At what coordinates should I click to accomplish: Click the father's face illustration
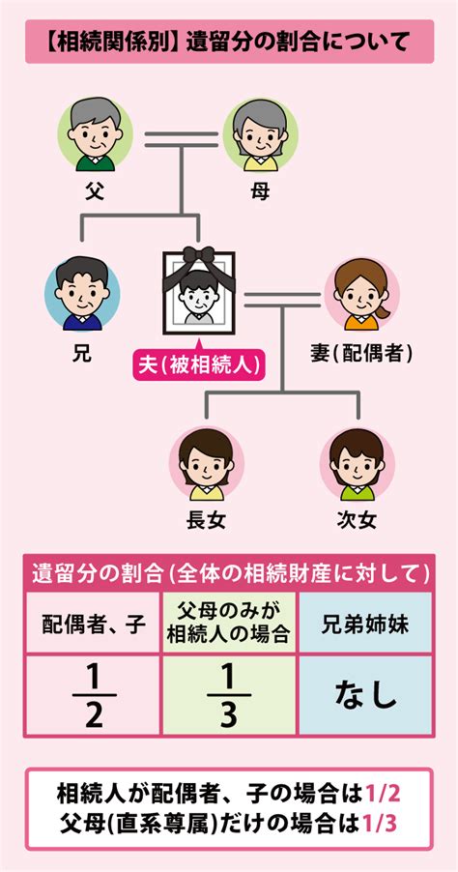point(95,134)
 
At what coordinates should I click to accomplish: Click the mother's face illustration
point(260,134)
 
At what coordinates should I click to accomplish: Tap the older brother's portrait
point(82,294)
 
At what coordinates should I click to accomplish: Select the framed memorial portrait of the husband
point(198,291)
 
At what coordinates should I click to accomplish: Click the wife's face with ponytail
point(361,294)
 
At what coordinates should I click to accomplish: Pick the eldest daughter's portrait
point(206,463)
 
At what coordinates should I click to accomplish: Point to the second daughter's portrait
point(357,463)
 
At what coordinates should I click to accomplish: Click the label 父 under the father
point(95,191)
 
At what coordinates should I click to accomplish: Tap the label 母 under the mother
point(260,191)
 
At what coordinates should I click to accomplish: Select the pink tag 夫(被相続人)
point(198,364)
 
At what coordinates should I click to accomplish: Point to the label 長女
point(206,520)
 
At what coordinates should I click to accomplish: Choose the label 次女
point(357,520)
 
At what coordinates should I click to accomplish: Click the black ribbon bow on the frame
point(198,255)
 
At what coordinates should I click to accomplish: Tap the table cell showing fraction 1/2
point(93,694)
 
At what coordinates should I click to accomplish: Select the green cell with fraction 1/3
point(229,694)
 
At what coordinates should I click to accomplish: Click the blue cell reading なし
point(365,694)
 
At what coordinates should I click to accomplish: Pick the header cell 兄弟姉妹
point(365,625)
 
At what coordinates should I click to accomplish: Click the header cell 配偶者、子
point(93,625)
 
